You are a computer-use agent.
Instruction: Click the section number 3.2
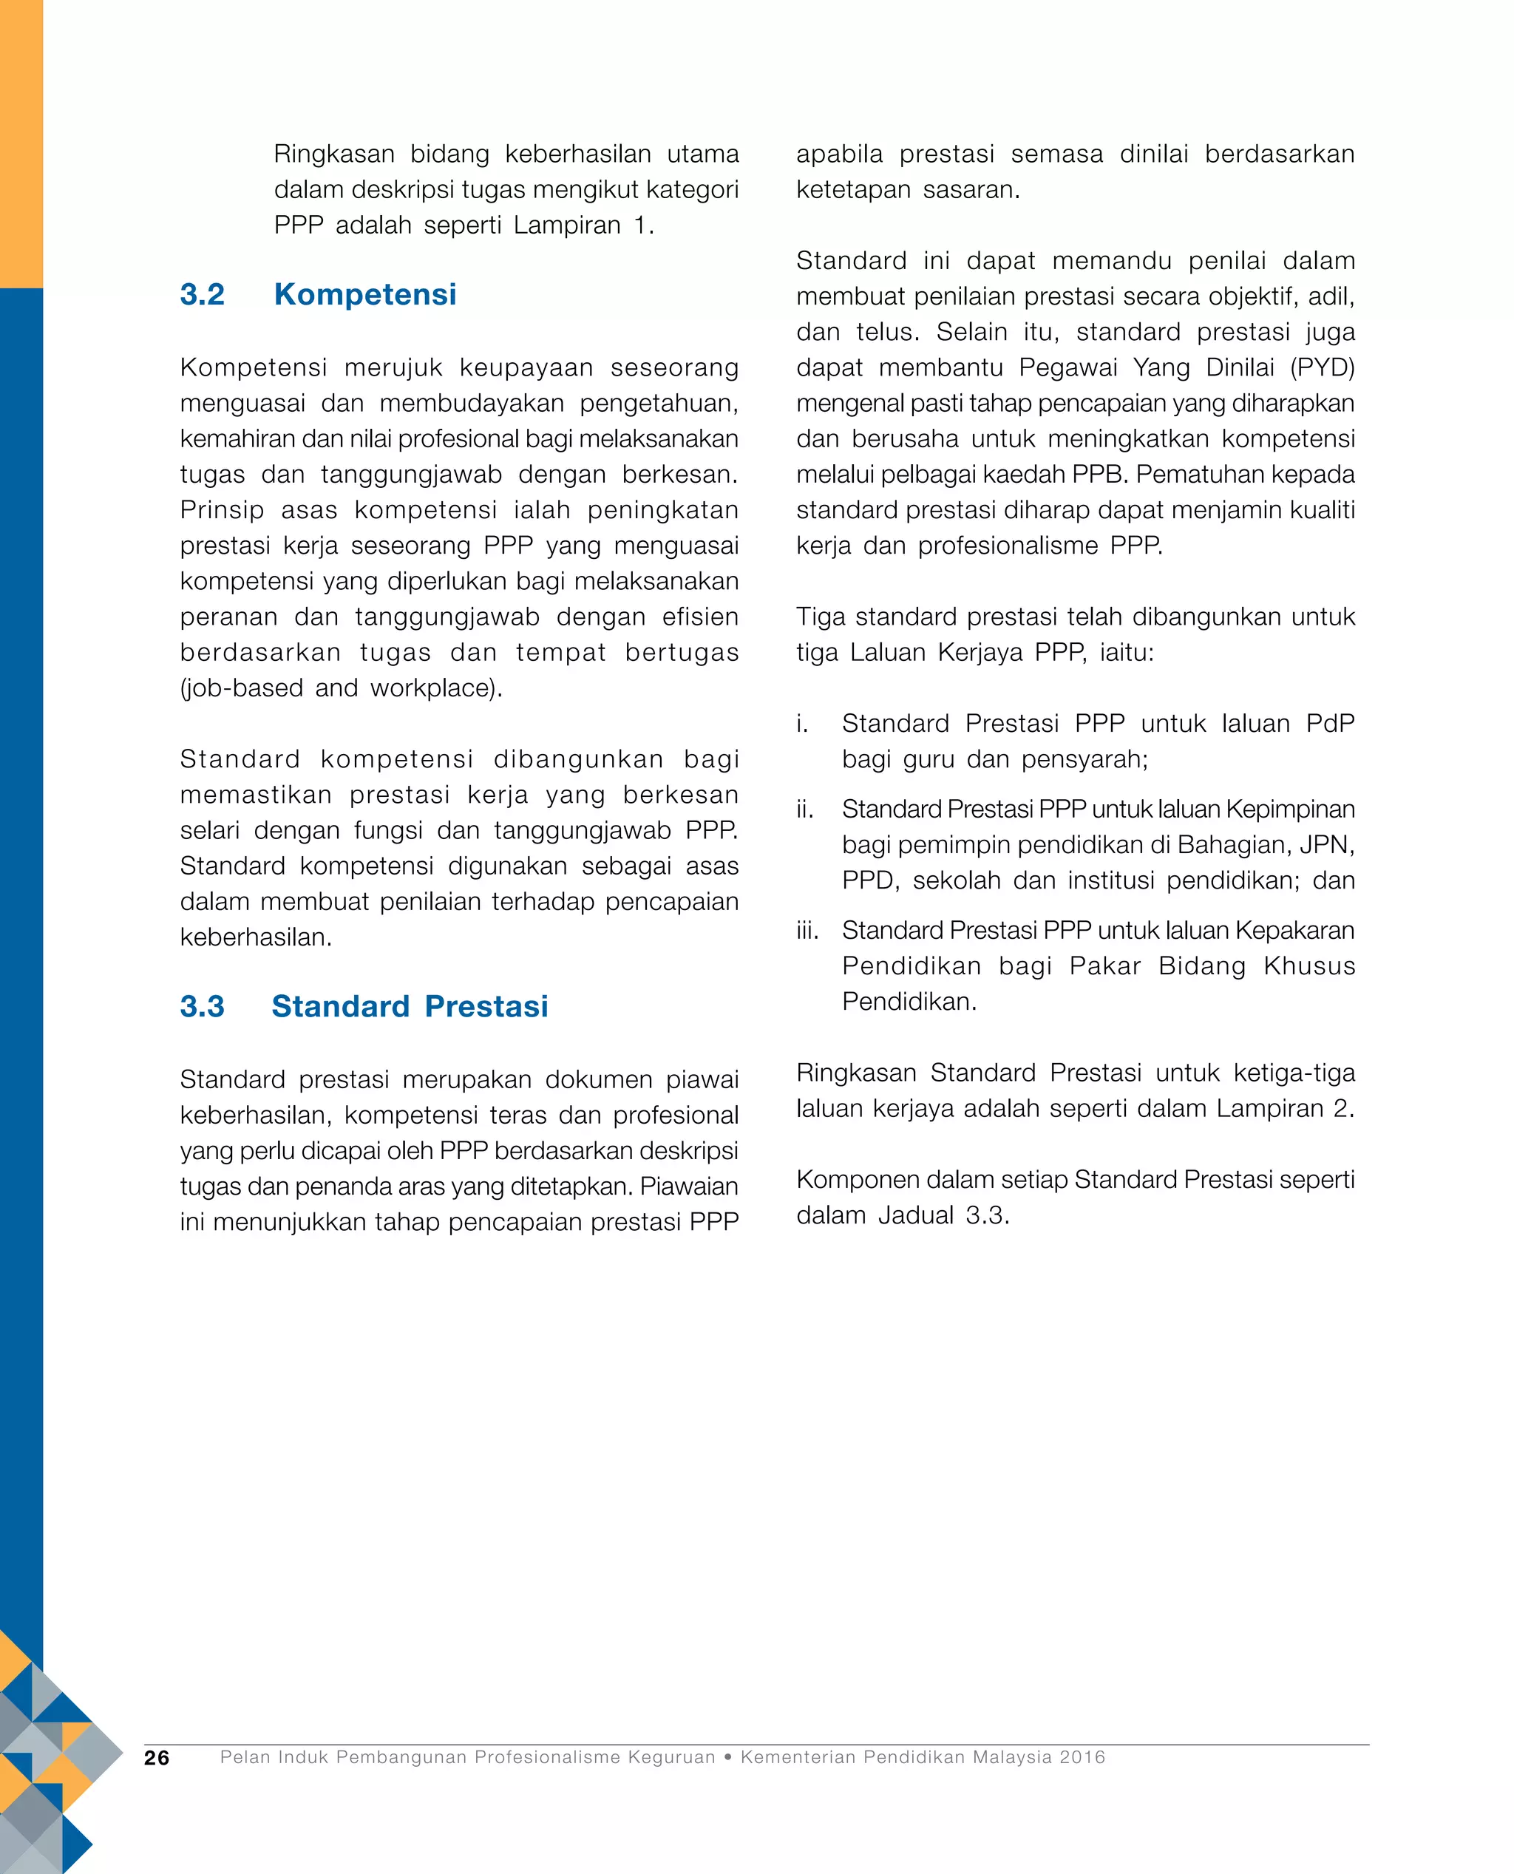click(202, 295)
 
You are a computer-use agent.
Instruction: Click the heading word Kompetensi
click(364, 295)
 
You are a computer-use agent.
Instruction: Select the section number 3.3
click(202, 1006)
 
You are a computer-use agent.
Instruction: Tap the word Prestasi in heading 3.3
click(486, 1006)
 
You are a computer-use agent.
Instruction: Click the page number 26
click(157, 1757)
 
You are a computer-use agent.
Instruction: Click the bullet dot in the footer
click(727, 1757)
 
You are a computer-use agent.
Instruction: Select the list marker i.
click(801, 723)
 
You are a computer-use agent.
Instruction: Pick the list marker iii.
click(807, 931)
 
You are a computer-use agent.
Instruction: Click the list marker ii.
click(804, 809)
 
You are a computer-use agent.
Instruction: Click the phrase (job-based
click(241, 688)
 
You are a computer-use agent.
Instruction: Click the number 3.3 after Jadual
click(986, 1215)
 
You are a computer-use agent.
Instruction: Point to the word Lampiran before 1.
click(567, 225)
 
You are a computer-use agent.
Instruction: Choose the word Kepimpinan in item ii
click(1290, 809)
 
